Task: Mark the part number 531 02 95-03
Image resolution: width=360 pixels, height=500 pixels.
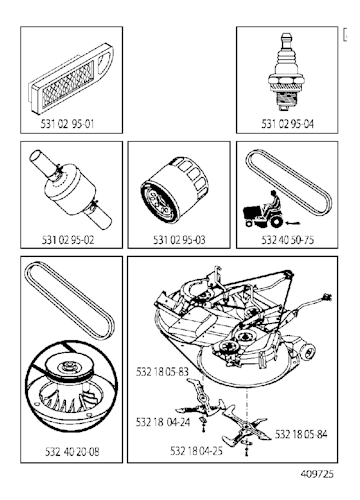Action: click(178, 239)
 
